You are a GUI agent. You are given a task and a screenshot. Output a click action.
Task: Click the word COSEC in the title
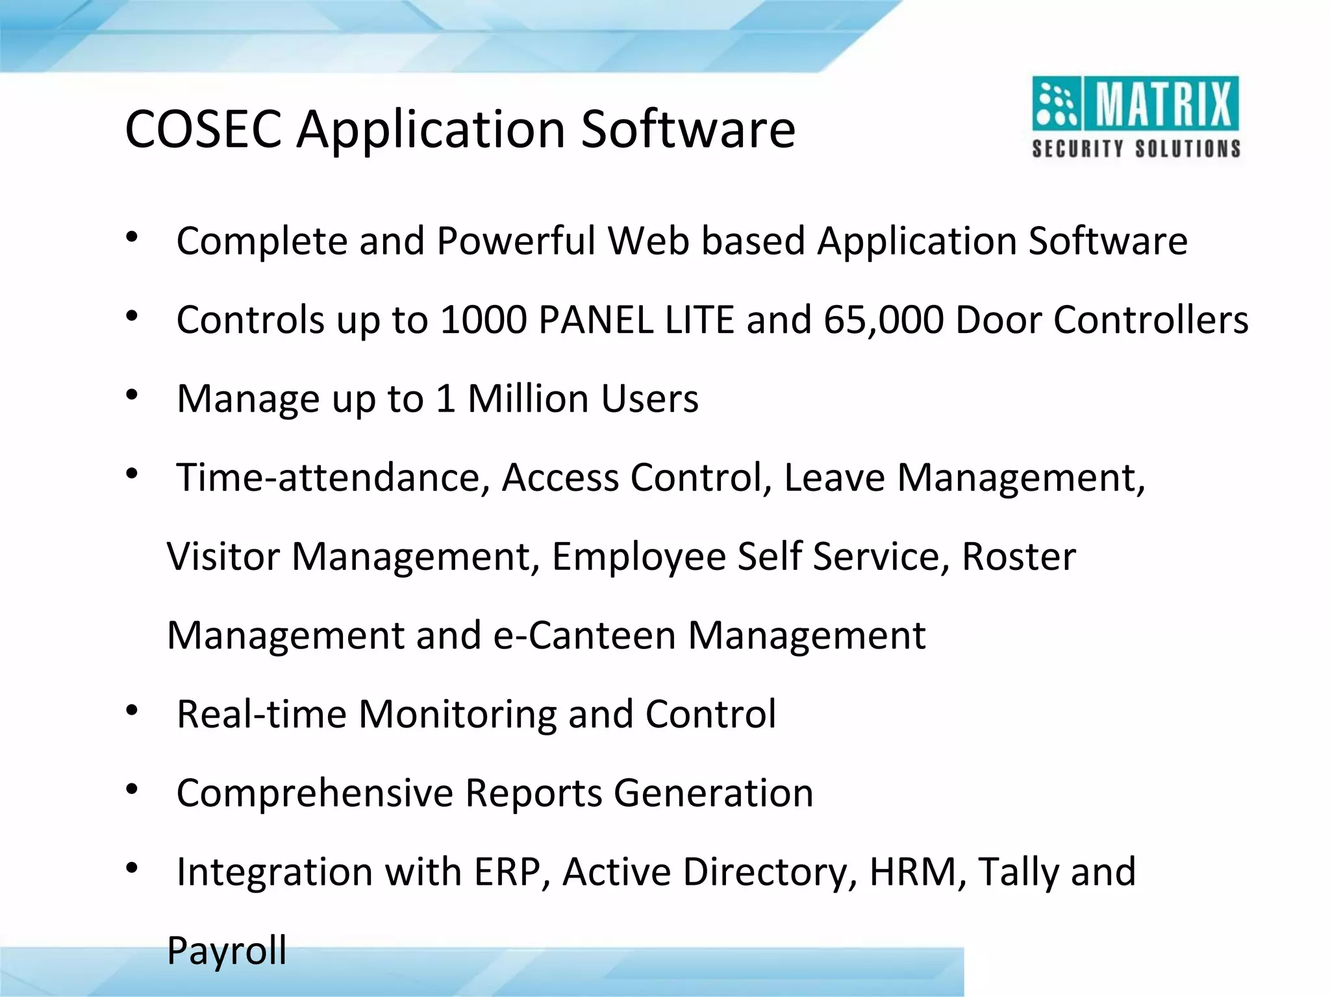[x=203, y=129]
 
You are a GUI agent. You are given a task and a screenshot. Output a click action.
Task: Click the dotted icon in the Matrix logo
[x=1055, y=105]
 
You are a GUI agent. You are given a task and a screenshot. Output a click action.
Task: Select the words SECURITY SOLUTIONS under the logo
[x=1136, y=149]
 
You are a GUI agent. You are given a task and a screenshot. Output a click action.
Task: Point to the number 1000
[x=483, y=320]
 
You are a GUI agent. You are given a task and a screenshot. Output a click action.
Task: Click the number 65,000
[x=883, y=320]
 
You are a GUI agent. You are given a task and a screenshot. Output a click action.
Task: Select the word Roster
[x=1018, y=557]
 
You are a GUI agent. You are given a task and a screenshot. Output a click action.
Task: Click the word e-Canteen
[x=584, y=635]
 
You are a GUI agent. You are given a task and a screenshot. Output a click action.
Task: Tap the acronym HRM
[x=912, y=872]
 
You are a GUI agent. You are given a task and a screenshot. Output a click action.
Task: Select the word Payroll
[x=227, y=952]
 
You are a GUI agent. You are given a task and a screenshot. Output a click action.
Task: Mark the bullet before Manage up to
[x=132, y=396]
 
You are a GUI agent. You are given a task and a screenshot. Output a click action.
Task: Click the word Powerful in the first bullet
[x=516, y=241]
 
